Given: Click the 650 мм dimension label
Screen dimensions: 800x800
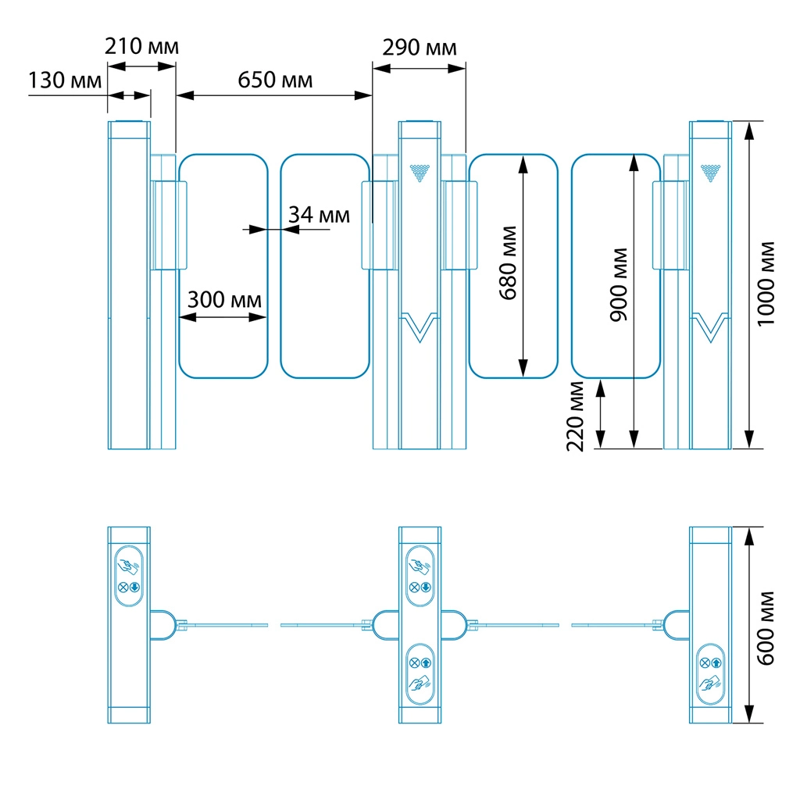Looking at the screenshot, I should (275, 80).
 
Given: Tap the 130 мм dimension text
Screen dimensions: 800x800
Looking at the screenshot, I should (66, 80).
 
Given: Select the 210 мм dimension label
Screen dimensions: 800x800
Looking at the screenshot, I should (141, 46).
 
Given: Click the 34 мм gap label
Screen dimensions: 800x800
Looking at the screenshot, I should (319, 214).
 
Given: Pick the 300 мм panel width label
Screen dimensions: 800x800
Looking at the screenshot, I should (223, 300).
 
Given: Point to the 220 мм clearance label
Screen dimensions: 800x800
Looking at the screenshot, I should (576, 416).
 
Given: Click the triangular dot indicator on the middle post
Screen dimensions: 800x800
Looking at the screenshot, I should (420, 171).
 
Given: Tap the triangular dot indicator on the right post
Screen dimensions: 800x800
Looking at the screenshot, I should (710, 171).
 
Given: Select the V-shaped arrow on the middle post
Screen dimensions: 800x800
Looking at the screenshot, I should (420, 327).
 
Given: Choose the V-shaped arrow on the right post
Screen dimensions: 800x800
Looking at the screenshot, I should (710, 327).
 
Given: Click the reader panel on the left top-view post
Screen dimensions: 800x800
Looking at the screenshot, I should (129, 577).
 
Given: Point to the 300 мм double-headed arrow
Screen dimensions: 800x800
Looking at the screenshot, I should (223, 317).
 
